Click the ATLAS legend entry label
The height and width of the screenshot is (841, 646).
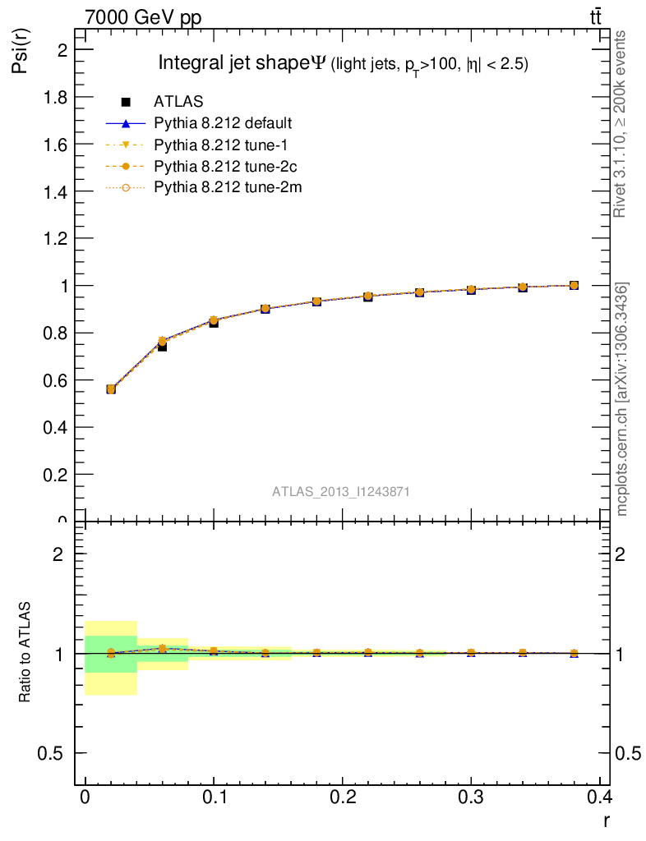(178, 102)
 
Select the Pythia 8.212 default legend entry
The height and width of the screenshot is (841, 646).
(223, 123)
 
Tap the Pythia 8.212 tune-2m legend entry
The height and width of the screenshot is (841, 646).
(222, 187)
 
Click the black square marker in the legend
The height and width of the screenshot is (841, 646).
(127, 102)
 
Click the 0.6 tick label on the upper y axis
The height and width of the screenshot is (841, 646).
(51, 380)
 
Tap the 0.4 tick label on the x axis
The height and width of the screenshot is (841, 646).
(598, 797)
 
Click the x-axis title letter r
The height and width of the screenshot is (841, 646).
(607, 820)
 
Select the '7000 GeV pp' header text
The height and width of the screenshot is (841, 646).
(143, 16)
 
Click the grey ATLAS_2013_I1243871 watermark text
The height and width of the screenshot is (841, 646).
(341, 491)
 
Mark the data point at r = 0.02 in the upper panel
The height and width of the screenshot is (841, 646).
(111, 388)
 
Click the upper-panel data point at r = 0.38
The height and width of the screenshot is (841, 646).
(574, 286)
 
